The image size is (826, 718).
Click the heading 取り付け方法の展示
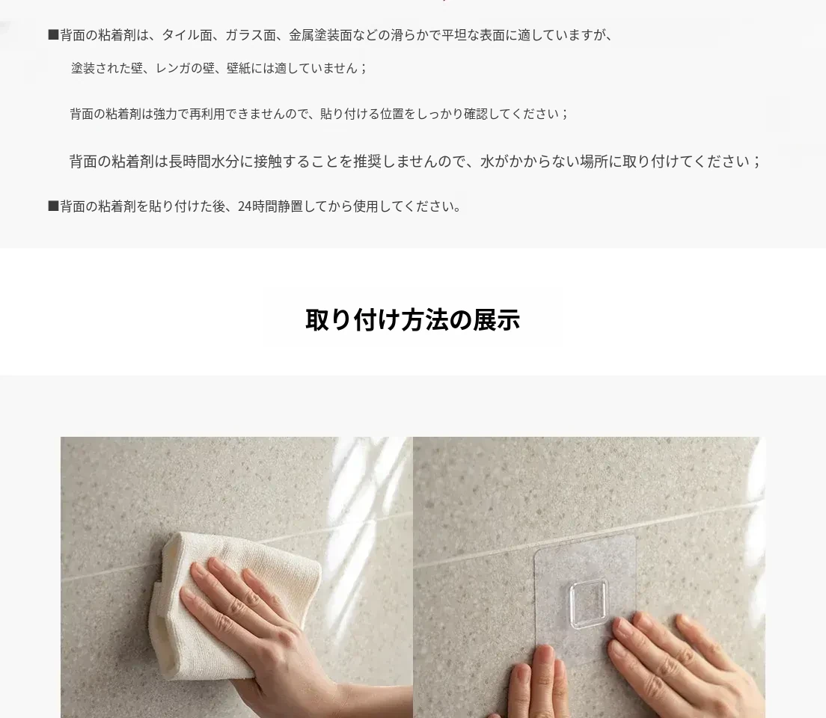[x=413, y=320]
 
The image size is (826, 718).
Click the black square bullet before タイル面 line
[x=53, y=35]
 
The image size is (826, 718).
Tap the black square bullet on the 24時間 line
[x=53, y=206]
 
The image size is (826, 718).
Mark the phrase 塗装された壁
[x=107, y=69]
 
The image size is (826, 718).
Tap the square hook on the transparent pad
[x=589, y=605]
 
